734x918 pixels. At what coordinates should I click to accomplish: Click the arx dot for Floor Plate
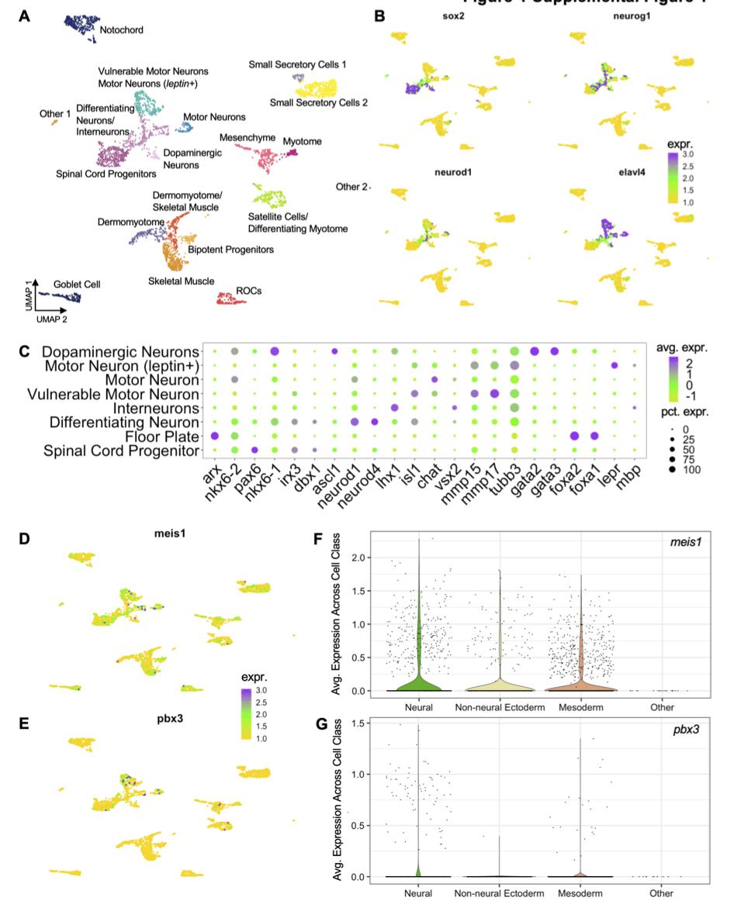coord(215,436)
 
